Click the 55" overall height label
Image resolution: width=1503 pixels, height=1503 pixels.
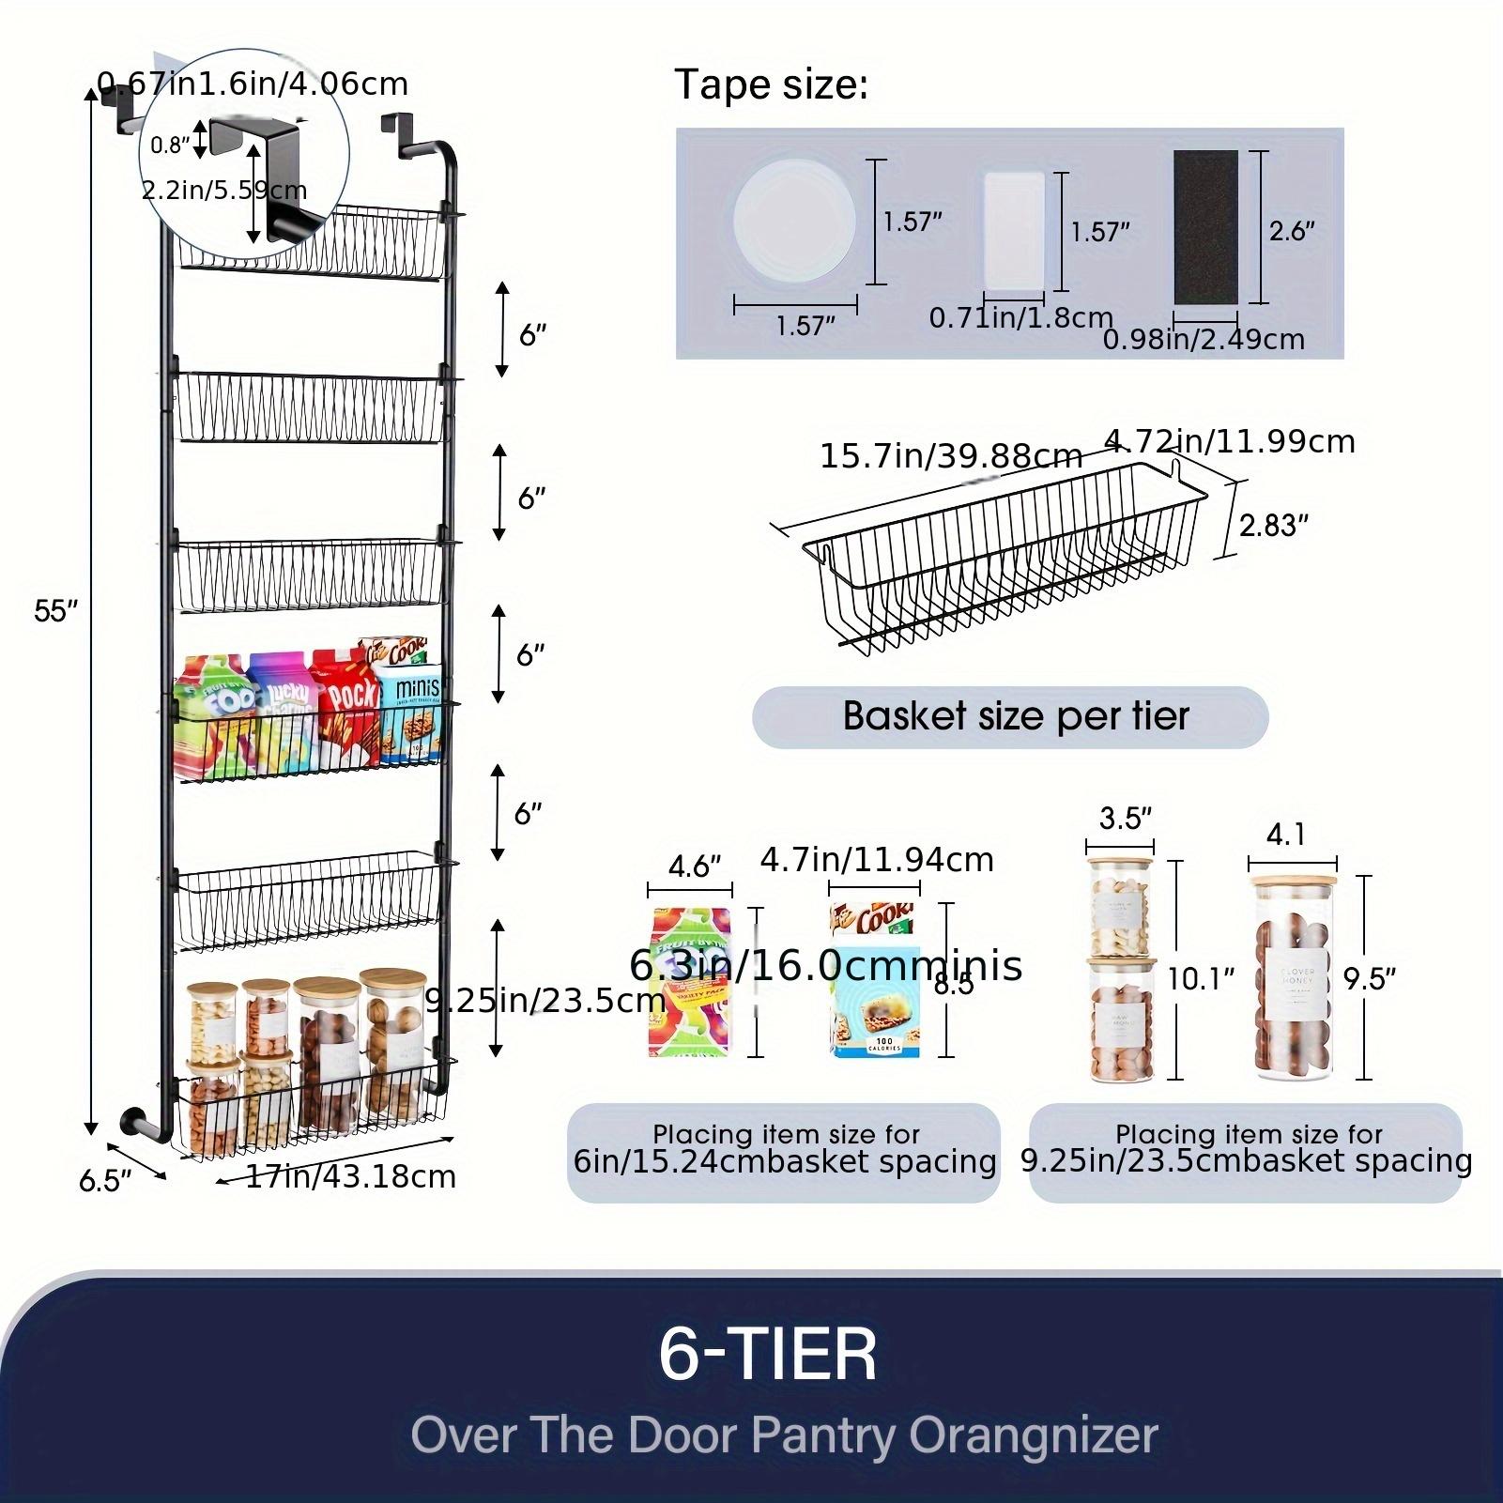(54, 611)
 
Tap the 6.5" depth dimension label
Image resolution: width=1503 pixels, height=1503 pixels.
(105, 1180)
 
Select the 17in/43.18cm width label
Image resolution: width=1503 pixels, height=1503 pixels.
(350, 1176)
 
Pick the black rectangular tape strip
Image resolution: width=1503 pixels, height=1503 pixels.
(1205, 226)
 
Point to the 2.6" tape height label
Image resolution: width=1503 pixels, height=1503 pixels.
(1291, 231)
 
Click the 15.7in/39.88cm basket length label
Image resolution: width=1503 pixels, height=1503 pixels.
(950, 456)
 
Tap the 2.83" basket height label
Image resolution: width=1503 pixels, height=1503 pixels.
(1273, 525)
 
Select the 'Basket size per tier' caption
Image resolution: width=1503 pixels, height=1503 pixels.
(1015, 716)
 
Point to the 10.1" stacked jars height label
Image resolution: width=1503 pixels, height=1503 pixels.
(1199, 979)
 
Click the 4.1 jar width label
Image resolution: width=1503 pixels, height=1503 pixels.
(1285, 834)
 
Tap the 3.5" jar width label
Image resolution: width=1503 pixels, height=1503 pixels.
(1125, 819)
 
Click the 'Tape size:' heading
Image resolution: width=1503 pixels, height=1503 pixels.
(771, 85)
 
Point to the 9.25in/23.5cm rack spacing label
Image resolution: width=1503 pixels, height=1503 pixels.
(544, 1001)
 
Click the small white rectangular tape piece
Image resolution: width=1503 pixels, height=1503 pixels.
(1014, 230)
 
